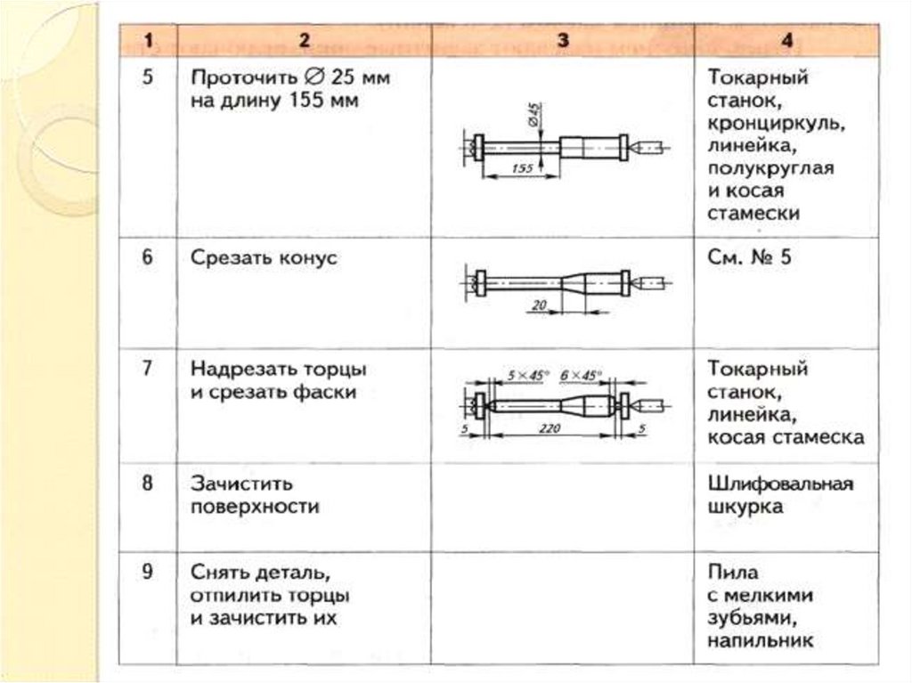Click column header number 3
(563, 40)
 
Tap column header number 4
(786, 40)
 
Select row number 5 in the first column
(148, 77)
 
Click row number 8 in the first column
(148, 483)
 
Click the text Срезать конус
(264, 257)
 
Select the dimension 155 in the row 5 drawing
(522, 168)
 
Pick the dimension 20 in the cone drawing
(539, 305)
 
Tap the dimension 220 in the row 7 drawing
(549, 428)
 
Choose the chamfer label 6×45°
(580, 376)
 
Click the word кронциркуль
(777, 124)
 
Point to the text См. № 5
(749, 257)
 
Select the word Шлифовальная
(780, 484)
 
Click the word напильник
(761, 640)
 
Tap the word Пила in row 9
(733, 573)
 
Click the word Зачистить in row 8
(241, 484)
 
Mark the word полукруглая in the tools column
(770, 168)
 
